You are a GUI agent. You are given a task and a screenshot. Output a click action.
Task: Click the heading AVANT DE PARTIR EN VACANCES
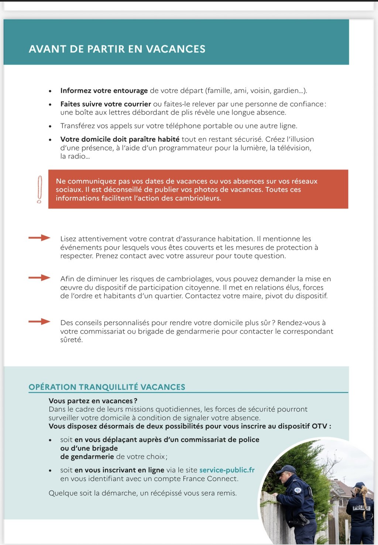[117, 49]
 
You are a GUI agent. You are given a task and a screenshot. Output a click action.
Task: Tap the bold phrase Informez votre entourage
[104, 91]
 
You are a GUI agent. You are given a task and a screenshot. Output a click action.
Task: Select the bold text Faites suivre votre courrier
[106, 104]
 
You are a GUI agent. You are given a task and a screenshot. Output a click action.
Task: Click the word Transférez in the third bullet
[78, 126]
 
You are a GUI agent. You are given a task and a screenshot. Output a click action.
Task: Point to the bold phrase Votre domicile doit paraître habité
[120, 139]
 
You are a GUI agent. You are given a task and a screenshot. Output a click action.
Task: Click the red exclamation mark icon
[39, 189]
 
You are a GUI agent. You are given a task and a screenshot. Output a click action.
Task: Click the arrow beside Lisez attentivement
[39, 238]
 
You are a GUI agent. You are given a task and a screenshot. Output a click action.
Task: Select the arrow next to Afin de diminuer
[39, 278]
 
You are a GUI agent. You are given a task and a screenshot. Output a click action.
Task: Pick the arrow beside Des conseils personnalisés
[39, 322]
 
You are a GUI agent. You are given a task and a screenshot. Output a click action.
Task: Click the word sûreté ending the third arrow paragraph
[71, 340]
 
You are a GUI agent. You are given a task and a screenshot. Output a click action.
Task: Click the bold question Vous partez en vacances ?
[93, 401]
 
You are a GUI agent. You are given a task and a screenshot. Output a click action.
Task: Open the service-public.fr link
[227, 470]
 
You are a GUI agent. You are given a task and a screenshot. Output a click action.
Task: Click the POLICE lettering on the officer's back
[361, 508]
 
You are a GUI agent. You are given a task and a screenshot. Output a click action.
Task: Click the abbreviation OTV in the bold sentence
[319, 426]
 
